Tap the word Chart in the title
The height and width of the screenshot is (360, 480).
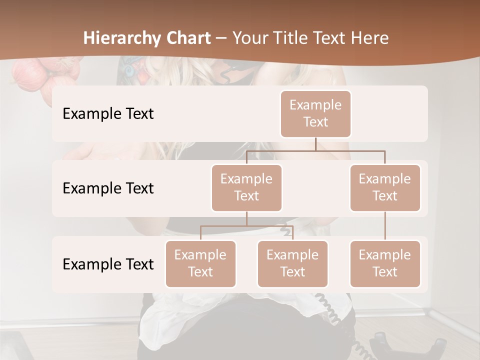coord(186,38)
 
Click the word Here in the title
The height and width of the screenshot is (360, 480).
coord(370,38)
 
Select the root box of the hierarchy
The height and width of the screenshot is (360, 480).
coord(315,113)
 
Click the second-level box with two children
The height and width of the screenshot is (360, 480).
coord(246,187)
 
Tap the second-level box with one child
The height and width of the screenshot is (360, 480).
coord(385,187)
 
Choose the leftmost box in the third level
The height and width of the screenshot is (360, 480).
coord(200,263)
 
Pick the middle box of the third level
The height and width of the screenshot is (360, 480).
coord(292,263)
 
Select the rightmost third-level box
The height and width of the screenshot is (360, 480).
coord(385,263)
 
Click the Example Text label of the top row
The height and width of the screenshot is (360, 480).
coord(108,114)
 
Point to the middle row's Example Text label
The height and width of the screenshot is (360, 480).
coord(108,188)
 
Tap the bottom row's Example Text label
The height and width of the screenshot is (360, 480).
coord(108,264)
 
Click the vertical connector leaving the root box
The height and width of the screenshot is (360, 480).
coord(315,144)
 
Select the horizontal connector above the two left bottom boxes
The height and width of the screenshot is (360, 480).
coord(246,226)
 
